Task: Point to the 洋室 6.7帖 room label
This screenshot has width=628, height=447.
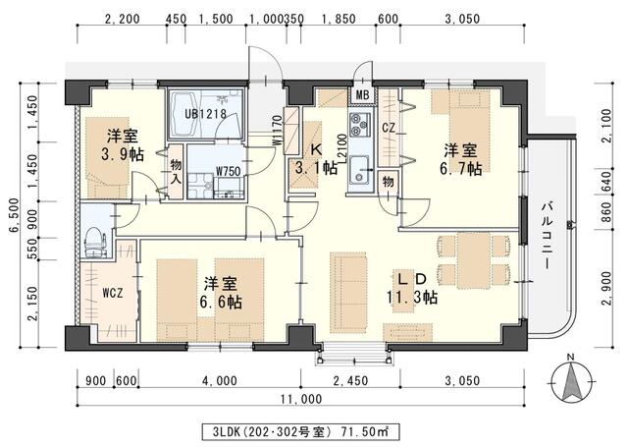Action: [x=459, y=159]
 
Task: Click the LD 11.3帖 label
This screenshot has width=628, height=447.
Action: [x=415, y=288]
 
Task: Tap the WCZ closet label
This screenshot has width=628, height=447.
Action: [x=112, y=293]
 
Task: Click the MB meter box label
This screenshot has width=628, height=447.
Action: [x=362, y=95]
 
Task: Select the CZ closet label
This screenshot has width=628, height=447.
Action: [x=388, y=128]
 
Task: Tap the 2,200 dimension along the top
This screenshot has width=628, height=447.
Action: [x=121, y=20]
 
